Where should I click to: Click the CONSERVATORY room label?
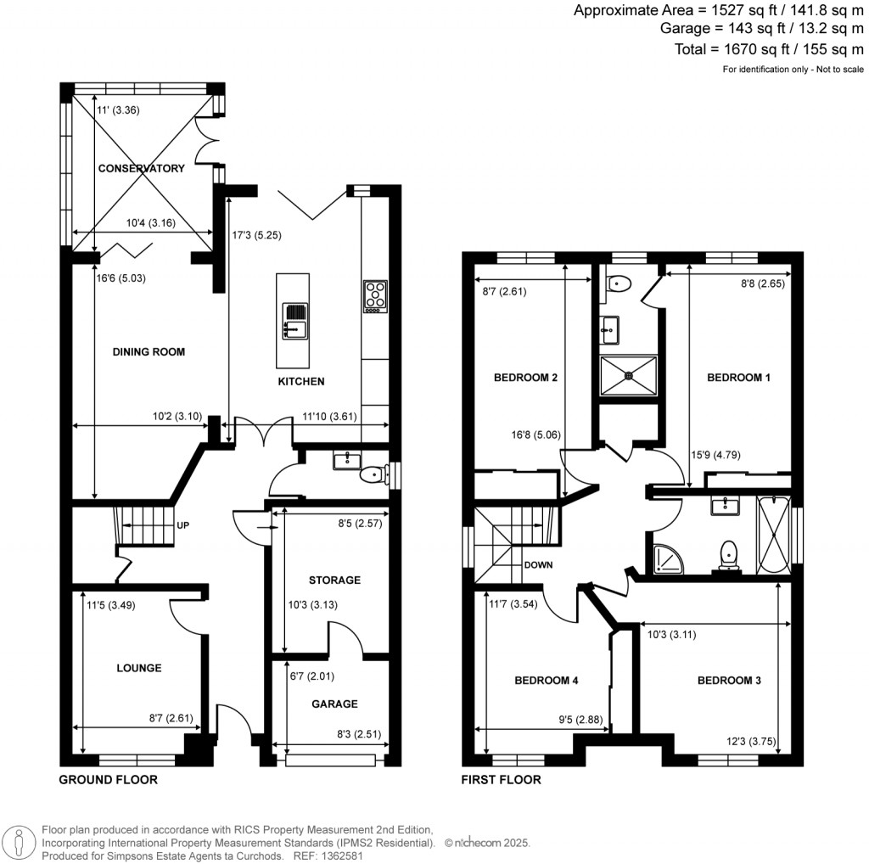click(141, 168)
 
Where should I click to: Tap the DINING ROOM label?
click(149, 351)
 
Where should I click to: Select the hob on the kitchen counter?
click(374, 296)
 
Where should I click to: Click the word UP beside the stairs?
click(182, 525)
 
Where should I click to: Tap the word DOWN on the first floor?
click(538, 564)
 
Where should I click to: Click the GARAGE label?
click(334, 704)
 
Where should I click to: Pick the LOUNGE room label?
click(139, 668)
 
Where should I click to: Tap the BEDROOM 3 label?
click(729, 681)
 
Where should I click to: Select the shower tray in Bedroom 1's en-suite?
click(629, 375)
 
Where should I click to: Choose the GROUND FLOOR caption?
click(108, 779)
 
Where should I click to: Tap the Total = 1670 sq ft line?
click(769, 49)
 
